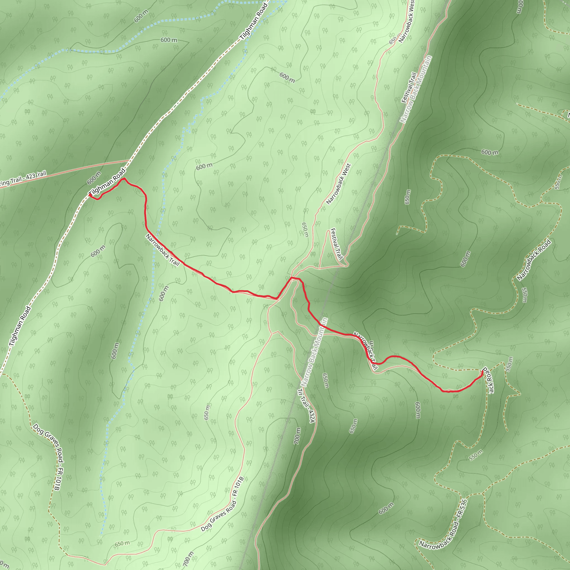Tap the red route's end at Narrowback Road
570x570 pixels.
tap(483, 372)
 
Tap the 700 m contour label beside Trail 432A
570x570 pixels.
tap(298, 436)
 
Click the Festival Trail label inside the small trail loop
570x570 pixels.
tap(336, 244)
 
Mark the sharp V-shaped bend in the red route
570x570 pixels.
tap(277, 299)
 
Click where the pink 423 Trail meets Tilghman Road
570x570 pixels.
tap(129, 161)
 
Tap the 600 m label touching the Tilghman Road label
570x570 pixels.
tap(94, 178)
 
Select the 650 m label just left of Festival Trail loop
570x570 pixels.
tap(305, 230)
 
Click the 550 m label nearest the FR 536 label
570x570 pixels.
tap(476, 455)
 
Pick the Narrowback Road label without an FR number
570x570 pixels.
tap(534, 260)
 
